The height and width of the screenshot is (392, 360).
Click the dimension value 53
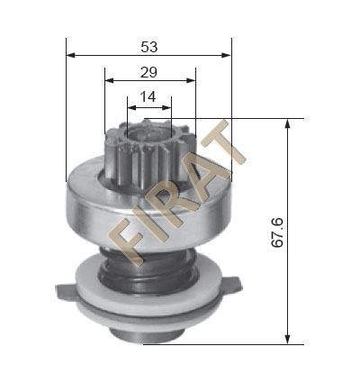149,47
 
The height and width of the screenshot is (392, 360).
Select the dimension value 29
148,72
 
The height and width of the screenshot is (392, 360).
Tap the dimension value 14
148,96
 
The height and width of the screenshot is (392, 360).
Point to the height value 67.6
277,232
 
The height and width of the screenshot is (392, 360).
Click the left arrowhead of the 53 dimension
70,55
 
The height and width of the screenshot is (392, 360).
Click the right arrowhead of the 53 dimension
227,55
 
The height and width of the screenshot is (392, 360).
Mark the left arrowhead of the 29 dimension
109,80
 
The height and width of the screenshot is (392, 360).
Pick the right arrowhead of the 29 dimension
191,80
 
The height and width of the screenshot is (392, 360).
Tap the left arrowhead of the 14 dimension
132,107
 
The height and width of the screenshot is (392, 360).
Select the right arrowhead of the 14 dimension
166,107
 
